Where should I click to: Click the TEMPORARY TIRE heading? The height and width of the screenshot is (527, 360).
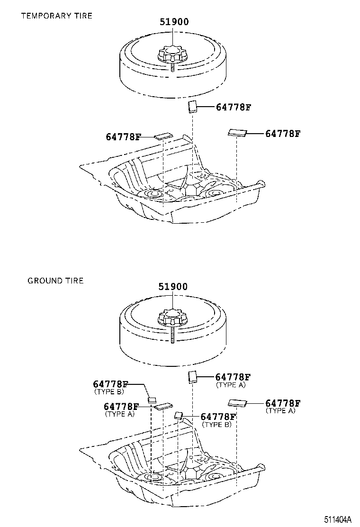56,16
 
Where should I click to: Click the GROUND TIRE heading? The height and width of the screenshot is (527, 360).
55,281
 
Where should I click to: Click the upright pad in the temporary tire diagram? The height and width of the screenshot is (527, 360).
192,107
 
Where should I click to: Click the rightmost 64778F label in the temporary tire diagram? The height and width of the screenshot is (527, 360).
283,134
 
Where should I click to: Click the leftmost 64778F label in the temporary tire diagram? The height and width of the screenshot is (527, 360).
123,137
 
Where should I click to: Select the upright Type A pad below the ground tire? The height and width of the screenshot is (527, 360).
192,377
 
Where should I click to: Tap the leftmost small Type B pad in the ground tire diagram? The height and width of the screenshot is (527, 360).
152,399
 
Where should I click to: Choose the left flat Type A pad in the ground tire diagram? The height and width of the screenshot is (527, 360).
163,406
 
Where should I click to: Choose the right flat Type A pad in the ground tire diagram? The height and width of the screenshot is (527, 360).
237,403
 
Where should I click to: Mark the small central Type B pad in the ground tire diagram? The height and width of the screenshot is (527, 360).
179,416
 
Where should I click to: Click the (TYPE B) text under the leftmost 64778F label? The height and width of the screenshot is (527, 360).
108,391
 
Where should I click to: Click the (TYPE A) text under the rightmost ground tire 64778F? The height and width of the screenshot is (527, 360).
280,410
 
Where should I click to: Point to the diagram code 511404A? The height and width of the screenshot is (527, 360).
338,519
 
